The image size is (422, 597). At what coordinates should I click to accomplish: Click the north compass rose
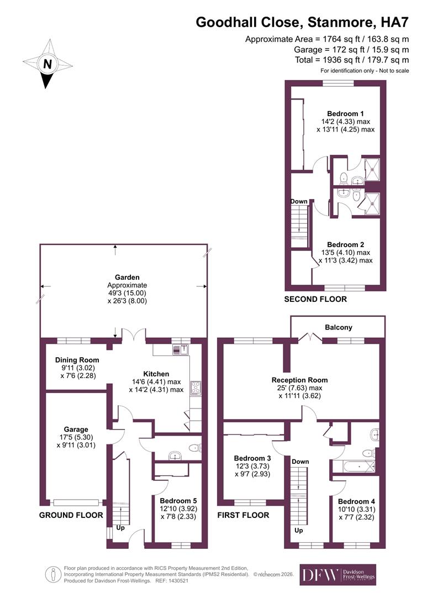click(x=48, y=64)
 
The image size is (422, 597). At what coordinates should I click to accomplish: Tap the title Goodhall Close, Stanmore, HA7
click(x=303, y=23)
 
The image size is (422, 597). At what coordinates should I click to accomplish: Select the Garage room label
click(x=76, y=429)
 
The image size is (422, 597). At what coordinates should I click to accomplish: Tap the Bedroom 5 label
click(x=174, y=500)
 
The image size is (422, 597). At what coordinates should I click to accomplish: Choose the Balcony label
click(x=338, y=327)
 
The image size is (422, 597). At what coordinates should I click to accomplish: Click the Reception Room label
click(x=299, y=380)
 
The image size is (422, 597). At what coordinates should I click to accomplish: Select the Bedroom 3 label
click(x=252, y=458)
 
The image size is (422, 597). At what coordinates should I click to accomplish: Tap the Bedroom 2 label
click(x=345, y=244)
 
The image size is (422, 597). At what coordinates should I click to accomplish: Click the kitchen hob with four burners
click(x=196, y=387)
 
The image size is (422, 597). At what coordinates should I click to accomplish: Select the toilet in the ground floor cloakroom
click(x=193, y=448)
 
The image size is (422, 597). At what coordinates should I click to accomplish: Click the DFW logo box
click(x=318, y=574)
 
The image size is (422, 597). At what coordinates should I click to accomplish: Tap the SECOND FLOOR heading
click(x=315, y=299)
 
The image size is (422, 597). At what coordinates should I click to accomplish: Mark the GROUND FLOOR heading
click(x=71, y=515)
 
